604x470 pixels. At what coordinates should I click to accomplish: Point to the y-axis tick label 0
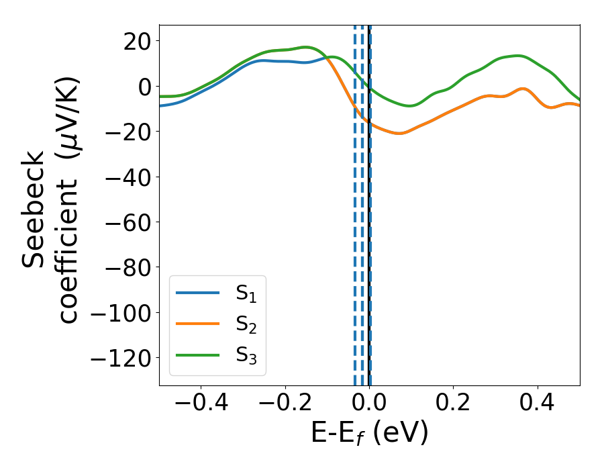click(139, 86)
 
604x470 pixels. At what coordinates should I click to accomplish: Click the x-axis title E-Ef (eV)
click(369, 434)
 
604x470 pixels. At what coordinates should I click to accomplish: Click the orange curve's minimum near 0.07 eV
click(399, 133)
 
